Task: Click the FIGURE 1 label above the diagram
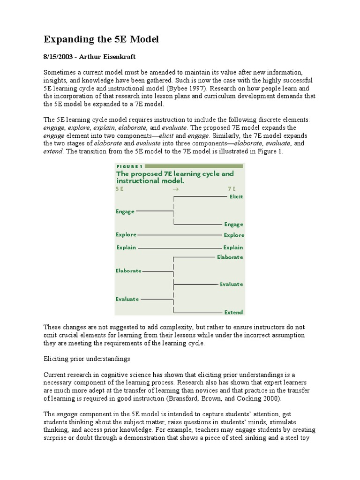129,166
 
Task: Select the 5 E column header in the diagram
120,188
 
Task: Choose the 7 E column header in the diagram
232,188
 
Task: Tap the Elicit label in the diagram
236,197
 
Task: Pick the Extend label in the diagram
233,312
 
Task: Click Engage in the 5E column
125,211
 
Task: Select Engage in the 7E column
233,225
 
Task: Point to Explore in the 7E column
233,235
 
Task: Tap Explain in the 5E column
126,247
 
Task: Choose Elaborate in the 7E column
230,257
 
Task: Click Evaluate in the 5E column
127,299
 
